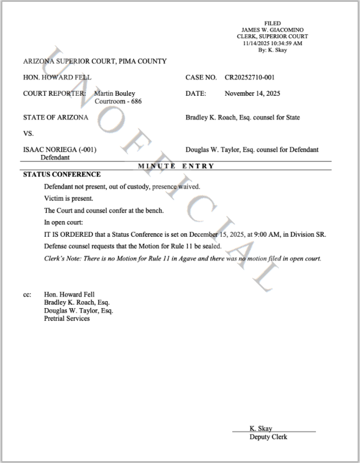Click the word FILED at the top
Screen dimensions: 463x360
[x=272, y=23]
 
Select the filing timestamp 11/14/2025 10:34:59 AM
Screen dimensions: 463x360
[x=272, y=43]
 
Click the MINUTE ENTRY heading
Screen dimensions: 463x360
[x=177, y=166]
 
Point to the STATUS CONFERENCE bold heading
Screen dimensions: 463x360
[x=62, y=175]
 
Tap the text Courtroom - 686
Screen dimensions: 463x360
[x=118, y=102]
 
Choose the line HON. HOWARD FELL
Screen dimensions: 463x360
[x=57, y=77]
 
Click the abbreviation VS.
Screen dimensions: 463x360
[x=29, y=133]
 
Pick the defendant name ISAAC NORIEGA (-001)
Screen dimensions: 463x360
[x=60, y=150]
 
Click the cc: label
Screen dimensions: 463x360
[x=27, y=294]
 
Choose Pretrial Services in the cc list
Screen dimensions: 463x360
[x=67, y=319]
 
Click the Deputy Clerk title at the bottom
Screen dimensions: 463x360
[x=268, y=437]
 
